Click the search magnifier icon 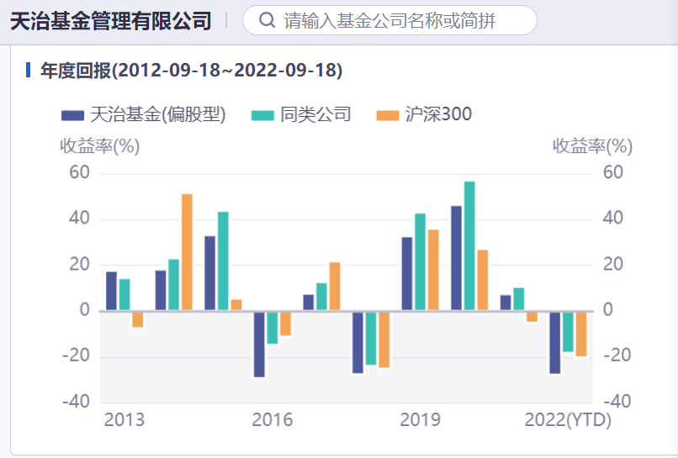[x=267, y=20]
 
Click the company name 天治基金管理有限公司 [x=110, y=21]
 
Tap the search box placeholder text [x=389, y=20]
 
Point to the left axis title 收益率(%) [x=99, y=146]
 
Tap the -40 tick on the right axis [x=613, y=402]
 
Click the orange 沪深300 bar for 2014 [x=187, y=252]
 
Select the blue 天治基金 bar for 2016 [x=259, y=344]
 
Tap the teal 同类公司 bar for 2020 [x=469, y=246]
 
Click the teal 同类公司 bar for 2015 [x=223, y=261]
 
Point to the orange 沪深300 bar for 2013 [x=138, y=318]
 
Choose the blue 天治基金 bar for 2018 [x=358, y=341]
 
